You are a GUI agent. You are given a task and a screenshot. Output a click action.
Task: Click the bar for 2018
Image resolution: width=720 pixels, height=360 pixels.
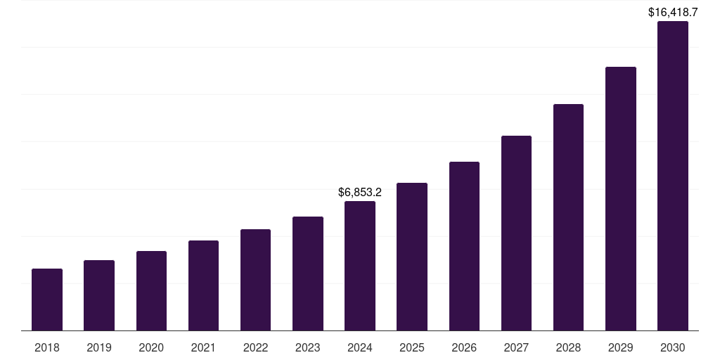click(x=47, y=300)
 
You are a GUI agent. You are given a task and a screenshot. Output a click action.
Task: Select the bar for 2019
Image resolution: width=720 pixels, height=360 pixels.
click(x=99, y=295)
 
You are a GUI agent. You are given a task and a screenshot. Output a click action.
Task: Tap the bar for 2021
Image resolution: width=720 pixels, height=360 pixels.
click(x=203, y=285)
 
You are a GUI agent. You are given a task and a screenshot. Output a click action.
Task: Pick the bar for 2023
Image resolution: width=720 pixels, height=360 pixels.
click(x=308, y=274)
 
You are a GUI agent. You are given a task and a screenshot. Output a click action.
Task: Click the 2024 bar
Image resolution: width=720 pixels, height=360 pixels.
click(x=360, y=266)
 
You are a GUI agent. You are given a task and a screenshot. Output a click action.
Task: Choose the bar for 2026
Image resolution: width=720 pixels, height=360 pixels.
click(x=464, y=246)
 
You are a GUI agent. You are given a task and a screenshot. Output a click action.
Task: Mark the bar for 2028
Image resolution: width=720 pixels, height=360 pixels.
click(x=568, y=217)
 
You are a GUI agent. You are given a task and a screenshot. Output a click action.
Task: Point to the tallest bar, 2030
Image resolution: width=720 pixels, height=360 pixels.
click(x=673, y=176)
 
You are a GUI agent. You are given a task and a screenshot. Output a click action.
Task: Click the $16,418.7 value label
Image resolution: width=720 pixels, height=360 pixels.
click(x=673, y=12)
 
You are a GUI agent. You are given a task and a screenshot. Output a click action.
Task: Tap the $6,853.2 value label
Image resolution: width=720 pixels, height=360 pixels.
click(x=360, y=192)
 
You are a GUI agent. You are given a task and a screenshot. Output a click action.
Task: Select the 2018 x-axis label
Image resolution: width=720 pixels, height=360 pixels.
click(x=47, y=347)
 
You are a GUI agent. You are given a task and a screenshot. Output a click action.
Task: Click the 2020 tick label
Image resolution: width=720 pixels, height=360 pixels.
click(x=151, y=347)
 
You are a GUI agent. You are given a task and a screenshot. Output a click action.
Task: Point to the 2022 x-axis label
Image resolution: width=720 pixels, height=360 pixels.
click(x=255, y=347)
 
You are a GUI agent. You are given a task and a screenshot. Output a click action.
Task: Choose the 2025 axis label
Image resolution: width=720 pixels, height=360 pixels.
click(x=412, y=347)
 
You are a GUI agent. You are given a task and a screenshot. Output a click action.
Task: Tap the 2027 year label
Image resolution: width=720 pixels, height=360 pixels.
click(x=516, y=347)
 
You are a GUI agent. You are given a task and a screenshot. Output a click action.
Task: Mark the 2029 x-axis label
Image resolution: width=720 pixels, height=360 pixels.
click(x=621, y=347)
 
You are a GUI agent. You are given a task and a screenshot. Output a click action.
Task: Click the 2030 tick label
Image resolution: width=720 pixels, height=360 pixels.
click(x=673, y=347)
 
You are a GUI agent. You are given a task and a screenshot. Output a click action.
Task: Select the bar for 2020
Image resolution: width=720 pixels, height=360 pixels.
click(x=151, y=290)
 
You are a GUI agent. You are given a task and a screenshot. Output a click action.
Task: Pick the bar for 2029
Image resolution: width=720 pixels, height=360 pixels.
click(x=621, y=199)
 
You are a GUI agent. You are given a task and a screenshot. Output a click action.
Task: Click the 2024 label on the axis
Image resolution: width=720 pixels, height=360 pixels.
click(x=360, y=347)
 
